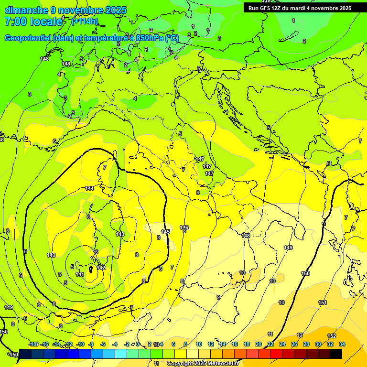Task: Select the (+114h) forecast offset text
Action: click(x=85, y=21)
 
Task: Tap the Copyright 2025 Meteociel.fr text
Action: click(x=202, y=363)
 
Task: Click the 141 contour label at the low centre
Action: click(x=80, y=274)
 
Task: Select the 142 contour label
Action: click(x=101, y=267)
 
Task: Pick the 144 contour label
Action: click(x=89, y=188)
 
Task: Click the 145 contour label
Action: click(x=165, y=232)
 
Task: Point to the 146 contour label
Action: click(x=184, y=227)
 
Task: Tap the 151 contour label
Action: click(x=323, y=302)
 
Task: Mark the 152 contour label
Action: click(x=332, y=336)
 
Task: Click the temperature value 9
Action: click(x=218, y=297)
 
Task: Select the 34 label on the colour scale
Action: click(x=342, y=344)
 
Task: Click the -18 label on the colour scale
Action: click(x=33, y=344)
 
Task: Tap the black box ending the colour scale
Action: click(x=336, y=353)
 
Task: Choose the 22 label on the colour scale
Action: click(x=270, y=344)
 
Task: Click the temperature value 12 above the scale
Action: click(x=300, y=335)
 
